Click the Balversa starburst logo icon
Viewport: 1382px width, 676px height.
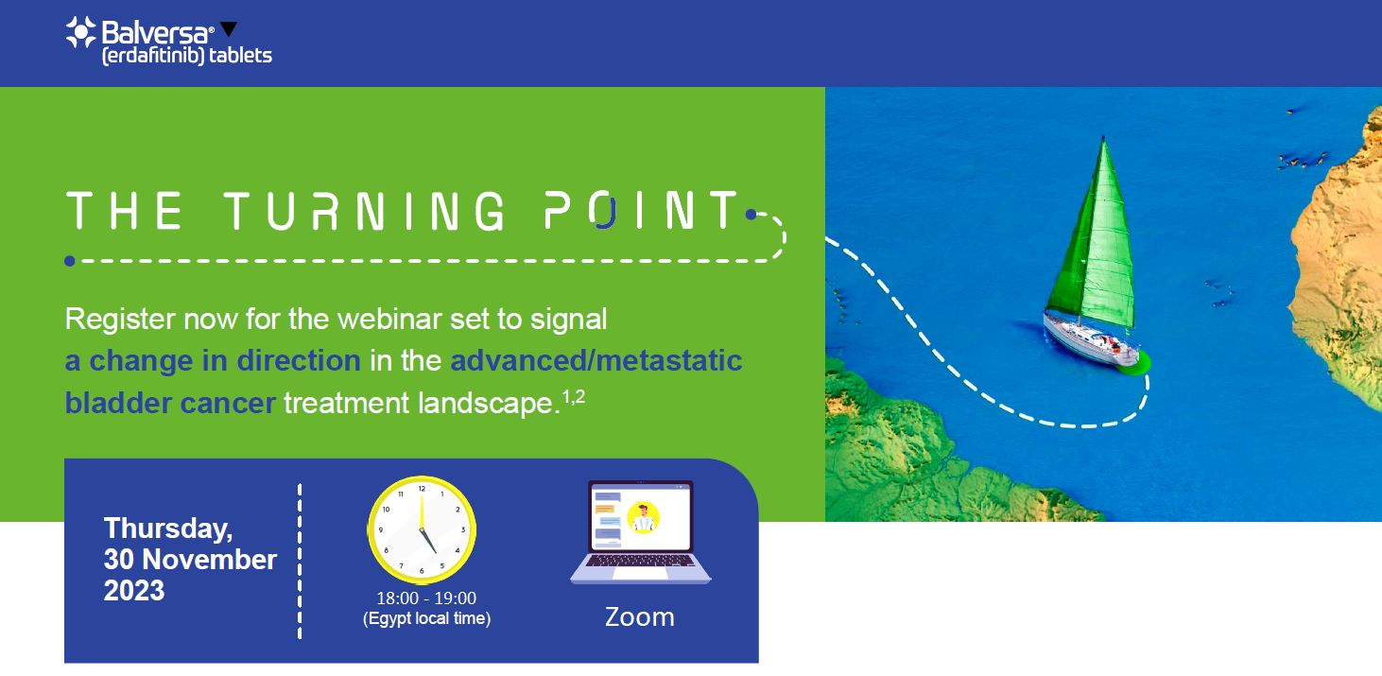tap(81, 32)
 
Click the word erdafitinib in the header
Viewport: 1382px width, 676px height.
tap(153, 56)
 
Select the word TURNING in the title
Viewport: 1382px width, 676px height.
tap(363, 211)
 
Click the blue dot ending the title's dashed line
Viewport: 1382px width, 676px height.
tap(70, 261)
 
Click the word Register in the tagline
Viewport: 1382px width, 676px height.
tap(120, 321)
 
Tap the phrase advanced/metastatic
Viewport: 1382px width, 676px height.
tap(596, 361)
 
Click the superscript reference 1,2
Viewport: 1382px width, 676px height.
tap(574, 397)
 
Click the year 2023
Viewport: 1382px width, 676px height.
tap(134, 591)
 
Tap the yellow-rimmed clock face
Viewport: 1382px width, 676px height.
tap(422, 529)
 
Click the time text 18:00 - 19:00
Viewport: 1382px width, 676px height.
tap(426, 598)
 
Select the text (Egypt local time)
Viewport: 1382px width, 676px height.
tap(426, 618)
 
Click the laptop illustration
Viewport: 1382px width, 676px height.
tap(640, 531)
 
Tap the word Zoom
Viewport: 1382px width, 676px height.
tap(640, 617)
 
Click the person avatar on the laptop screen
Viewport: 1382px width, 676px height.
tap(644, 517)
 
